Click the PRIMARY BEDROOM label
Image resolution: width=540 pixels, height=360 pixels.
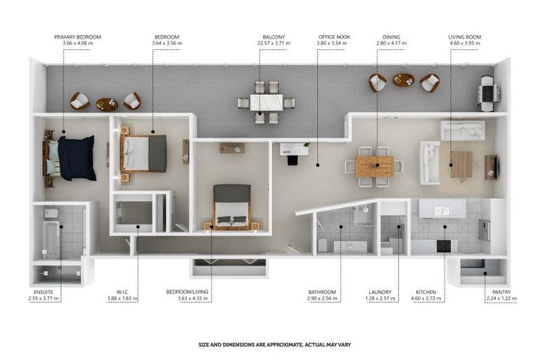click(77, 37)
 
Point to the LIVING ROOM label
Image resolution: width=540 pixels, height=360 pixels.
click(465, 37)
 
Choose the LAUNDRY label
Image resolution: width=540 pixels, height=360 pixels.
click(380, 292)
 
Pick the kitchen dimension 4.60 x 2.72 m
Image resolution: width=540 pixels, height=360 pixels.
click(427, 299)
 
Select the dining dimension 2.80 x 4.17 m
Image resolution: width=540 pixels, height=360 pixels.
click(392, 44)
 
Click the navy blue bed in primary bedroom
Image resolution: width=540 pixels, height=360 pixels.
click(75, 157)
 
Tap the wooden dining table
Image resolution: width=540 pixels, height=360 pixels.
click(373, 166)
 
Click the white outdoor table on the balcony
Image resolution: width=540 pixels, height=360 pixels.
click(266, 103)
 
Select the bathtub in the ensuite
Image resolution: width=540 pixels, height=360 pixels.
click(50, 239)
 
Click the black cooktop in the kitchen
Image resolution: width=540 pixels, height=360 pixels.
click(444, 245)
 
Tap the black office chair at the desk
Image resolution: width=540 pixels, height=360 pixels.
click(292, 160)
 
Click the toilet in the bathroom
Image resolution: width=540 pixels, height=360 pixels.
click(322, 245)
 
